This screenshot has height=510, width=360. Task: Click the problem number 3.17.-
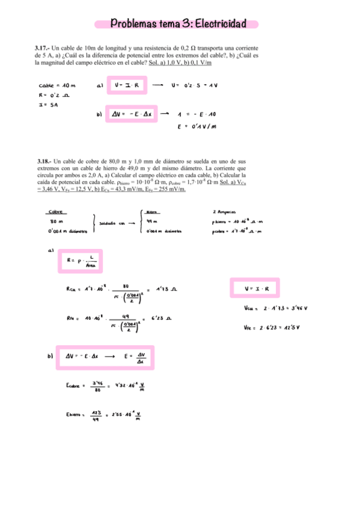(43, 47)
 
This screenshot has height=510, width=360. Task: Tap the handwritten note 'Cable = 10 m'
(57, 85)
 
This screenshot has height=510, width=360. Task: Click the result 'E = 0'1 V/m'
(197, 126)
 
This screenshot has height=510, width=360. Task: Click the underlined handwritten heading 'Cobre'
(56, 212)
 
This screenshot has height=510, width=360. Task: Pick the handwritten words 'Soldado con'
(112, 223)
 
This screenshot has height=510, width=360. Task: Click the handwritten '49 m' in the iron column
(152, 222)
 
